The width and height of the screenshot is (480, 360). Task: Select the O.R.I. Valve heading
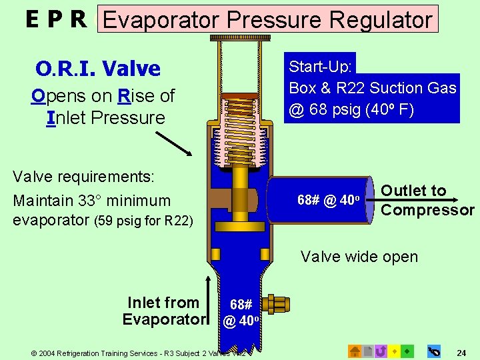pyautogui.click(x=98, y=68)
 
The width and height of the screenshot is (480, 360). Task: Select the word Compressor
pyautogui.click(x=427, y=211)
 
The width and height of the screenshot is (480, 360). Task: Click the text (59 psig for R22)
pyautogui.click(x=143, y=221)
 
